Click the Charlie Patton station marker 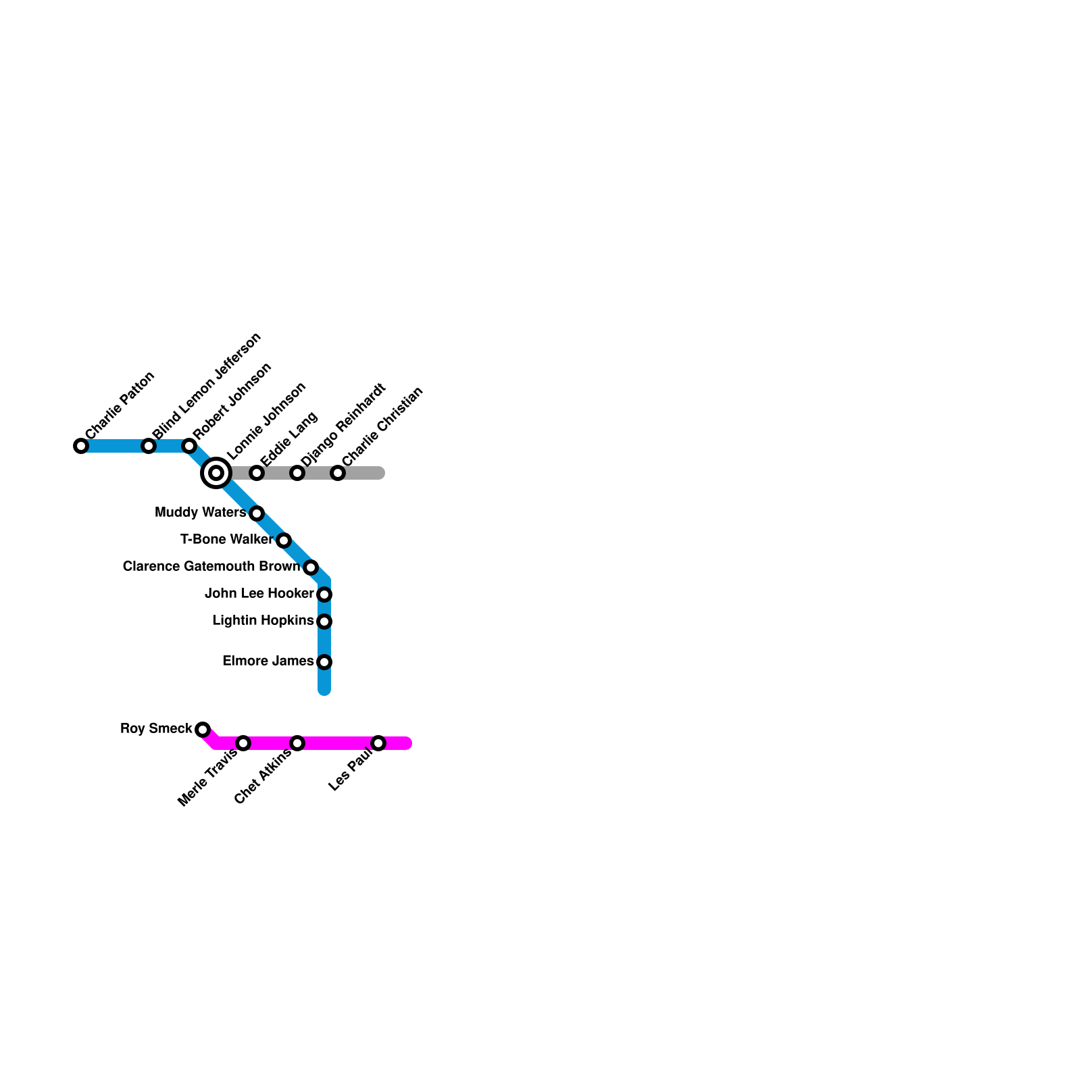click(x=81, y=446)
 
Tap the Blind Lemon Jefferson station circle click(x=149, y=446)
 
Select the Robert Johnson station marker click(x=189, y=446)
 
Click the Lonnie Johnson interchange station click(x=216, y=473)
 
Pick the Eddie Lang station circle click(x=257, y=473)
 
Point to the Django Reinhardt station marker click(x=297, y=473)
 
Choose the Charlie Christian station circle click(x=338, y=473)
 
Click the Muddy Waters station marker click(x=257, y=513)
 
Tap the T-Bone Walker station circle click(x=284, y=540)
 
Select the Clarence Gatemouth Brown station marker click(x=311, y=568)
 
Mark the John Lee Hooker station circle click(x=324, y=595)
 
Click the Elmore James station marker click(x=324, y=662)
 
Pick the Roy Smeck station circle click(x=203, y=730)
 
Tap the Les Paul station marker click(x=378, y=743)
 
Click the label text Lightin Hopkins click(x=263, y=621)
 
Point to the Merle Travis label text click(x=207, y=778)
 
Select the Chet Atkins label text click(x=263, y=776)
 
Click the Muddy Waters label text click(x=200, y=513)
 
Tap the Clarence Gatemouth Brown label click(x=211, y=567)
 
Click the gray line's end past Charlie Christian click(x=380, y=473)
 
